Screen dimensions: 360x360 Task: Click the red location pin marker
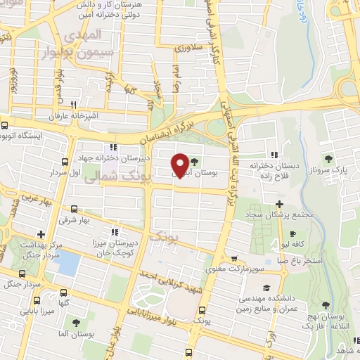pos(180,165)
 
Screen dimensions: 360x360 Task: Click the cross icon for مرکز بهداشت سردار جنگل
pos(41,233)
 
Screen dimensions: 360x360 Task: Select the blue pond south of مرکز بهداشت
pos(68,263)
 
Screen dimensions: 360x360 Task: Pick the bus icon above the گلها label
pos(64,292)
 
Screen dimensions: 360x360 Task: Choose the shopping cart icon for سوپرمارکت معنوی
pos(234,257)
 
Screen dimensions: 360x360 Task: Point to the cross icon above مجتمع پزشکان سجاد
pos(279,203)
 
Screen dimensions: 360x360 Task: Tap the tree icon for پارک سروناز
pos(327,159)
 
